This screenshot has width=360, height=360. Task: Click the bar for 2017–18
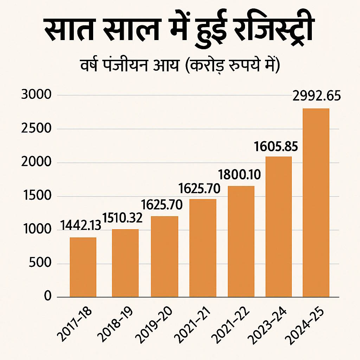tap(83, 267)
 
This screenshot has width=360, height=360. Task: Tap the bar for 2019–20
tap(164, 257)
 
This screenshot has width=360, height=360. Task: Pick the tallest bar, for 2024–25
tap(316, 202)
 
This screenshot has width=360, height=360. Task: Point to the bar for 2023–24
tap(278, 227)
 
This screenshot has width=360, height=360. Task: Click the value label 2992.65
tap(316, 96)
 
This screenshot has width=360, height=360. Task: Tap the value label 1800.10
tap(239, 174)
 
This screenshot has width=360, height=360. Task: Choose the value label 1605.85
tap(277, 145)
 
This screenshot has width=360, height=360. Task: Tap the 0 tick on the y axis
tap(47, 297)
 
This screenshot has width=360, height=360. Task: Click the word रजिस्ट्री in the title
tap(273, 31)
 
